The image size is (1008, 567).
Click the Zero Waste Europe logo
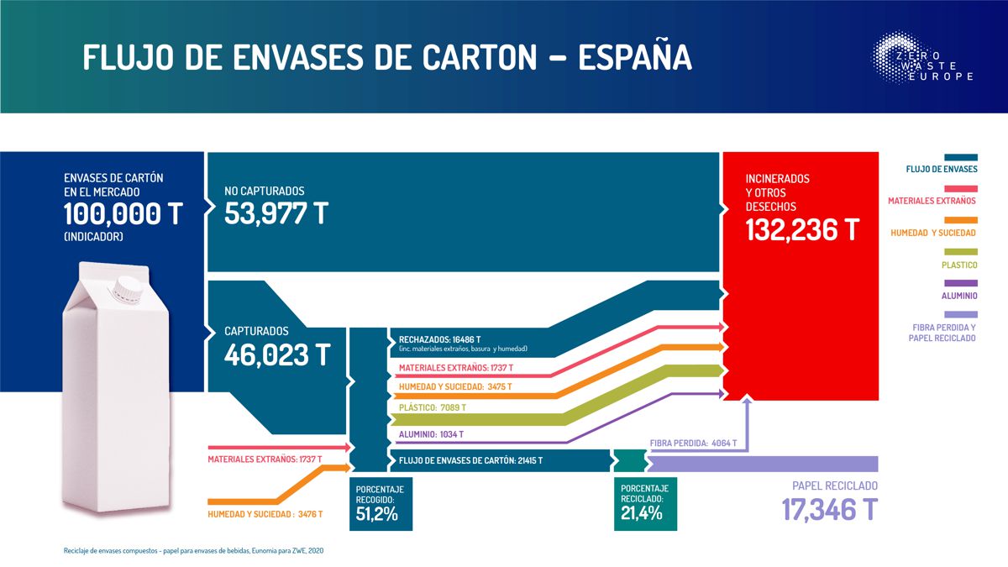tap(922, 59)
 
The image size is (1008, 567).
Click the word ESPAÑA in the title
tap(635, 56)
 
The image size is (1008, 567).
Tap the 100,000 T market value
tap(123, 214)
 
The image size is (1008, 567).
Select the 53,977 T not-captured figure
tap(276, 213)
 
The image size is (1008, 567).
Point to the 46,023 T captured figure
tap(276, 354)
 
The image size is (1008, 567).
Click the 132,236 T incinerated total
tap(802, 228)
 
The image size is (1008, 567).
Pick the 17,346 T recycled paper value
tap(829, 509)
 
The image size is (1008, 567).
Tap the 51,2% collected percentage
tap(377, 513)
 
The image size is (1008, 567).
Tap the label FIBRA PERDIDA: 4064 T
tap(693, 443)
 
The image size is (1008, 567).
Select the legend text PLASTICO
tap(958, 265)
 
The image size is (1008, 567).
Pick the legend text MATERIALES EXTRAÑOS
tap(932, 201)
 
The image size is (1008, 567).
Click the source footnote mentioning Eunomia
tap(193, 550)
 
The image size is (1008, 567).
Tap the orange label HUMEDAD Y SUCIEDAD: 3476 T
tap(265, 514)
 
